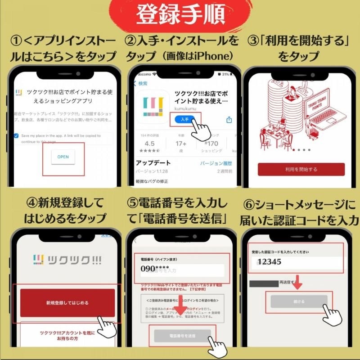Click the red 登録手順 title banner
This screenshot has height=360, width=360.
(180, 14)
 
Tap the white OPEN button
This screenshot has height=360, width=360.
(63, 157)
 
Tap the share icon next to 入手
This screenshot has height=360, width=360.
(229, 119)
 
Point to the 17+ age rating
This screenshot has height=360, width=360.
(181, 143)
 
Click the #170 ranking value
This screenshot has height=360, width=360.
(211, 143)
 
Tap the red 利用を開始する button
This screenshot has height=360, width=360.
(300, 169)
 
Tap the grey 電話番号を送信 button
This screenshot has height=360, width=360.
(182, 336)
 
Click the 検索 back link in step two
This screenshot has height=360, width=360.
(140, 83)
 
